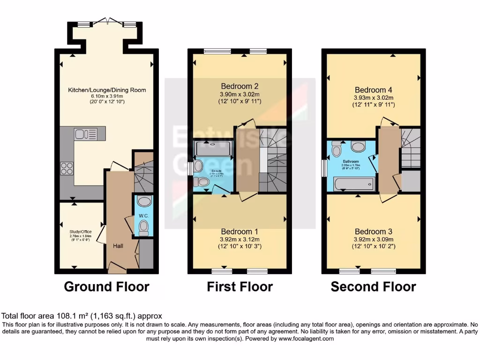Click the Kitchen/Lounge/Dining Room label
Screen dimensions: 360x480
point(107,90)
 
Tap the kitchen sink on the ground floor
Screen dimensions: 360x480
point(84,134)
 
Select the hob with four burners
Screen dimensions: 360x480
point(67,168)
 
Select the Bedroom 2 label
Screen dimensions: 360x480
point(240,86)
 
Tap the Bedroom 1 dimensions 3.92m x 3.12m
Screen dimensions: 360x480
point(240,240)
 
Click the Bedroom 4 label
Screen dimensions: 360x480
point(373,90)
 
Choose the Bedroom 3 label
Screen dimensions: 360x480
point(373,232)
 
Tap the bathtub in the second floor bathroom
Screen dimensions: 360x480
point(354,184)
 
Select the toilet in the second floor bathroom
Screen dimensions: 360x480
point(336,149)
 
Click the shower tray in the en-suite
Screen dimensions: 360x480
point(213,149)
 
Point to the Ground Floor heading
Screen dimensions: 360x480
point(106,286)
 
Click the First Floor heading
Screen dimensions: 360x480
point(240,286)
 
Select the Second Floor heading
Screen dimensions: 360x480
point(373,286)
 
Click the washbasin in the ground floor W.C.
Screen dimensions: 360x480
point(144,202)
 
